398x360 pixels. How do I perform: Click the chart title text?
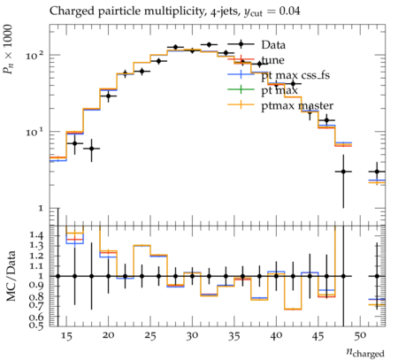[x=175, y=11]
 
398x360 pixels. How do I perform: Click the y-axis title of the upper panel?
[x=8, y=49]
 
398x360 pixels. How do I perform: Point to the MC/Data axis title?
[x=11, y=276]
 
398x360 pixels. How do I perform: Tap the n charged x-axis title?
[x=365, y=352]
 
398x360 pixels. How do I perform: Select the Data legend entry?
[x=273, y=45]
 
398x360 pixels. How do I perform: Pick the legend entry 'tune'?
[x=273, y=60]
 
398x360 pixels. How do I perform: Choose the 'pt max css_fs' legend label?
[x=295, y=75]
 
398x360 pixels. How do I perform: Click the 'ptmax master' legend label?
[x=297, y=105]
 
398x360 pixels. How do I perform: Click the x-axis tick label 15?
[x=66, y=336]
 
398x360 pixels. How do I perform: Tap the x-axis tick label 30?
[x=192, y=336]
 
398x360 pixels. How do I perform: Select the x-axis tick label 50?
[x=360, y=336]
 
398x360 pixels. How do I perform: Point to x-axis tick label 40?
[x=276, y=336]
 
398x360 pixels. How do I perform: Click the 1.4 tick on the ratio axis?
[x=36, y=235]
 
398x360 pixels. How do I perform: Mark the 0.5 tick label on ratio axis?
[x=36, y=325]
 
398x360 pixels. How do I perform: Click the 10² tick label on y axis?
[x=34, y=55]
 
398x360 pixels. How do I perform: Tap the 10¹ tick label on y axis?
[x=34, y=131]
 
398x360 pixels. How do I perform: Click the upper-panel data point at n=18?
[x=92, y=149]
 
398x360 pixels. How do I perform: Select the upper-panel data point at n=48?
[x=343, y=172]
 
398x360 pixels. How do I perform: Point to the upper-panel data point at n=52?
[x=377, y=172]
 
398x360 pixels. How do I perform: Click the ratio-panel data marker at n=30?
[x=192, y=276]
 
